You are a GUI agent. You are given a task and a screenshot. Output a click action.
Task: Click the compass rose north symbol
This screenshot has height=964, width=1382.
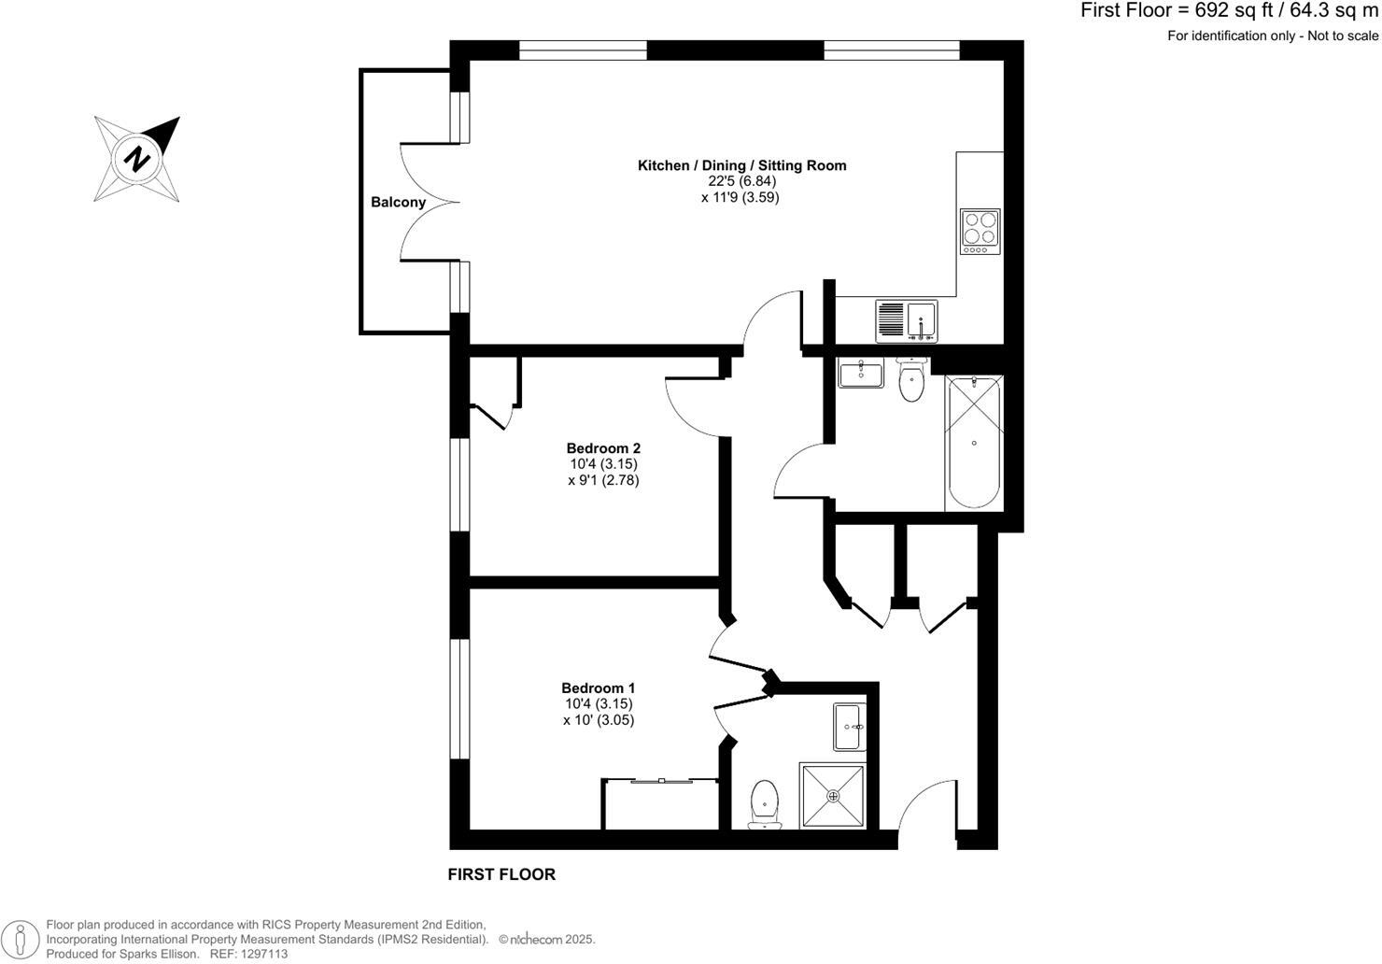pyautogui.click(x=137, y=158)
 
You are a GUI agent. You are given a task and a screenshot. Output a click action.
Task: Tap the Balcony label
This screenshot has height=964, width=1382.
pyautogui.click(x=398, y=202)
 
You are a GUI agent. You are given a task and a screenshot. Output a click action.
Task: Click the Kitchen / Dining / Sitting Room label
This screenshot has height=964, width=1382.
pyautogui.click(x=741, y=165)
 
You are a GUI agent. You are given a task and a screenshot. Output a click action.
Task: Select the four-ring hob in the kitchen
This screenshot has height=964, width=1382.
pyautogui.click(x=980, y=231)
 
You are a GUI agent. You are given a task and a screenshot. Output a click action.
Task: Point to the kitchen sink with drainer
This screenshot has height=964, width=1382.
pyautogui.click(x=907, y=321)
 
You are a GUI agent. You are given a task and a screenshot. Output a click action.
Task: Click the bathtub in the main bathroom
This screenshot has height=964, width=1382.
pyautogui.click(x=974, y=442)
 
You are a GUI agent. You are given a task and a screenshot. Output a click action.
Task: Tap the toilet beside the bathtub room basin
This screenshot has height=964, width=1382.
pyautogui.click(x=911, y=380)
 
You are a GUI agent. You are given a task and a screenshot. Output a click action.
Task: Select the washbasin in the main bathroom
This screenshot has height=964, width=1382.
pyautogui.click(x=861, y=375)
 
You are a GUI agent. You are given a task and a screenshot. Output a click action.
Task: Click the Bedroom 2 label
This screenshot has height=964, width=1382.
pyautogui.click(x=603, y=448)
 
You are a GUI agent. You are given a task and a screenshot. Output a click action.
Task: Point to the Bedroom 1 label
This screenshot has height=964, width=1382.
pyautogui.click(x=599, y=688)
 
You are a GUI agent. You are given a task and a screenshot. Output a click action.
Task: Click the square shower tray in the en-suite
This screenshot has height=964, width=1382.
pyautogui.click(x=833, y=795)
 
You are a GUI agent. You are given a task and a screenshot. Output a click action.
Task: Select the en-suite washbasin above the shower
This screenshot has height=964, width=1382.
pyautogui.click(x=849, y=727)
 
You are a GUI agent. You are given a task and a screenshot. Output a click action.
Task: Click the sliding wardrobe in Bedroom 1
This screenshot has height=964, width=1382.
pyautogui.click(x=660, y=803)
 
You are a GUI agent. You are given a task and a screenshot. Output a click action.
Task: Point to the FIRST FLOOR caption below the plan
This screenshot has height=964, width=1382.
pyautogui.click(x=501, y=874)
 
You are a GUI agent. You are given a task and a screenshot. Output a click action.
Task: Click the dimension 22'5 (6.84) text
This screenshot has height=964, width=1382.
pyautogui.click(x=741, y=181)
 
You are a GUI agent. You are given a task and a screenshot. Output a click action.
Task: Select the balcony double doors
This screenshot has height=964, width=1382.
pyautogui.click(x=430, y=202)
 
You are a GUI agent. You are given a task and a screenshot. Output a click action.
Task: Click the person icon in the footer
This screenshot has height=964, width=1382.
pyautogui.click(x=19, y=939)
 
